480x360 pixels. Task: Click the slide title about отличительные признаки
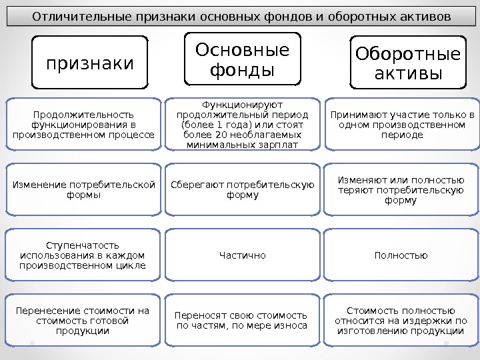240,15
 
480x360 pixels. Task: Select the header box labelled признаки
89,63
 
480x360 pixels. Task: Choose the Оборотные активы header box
408,65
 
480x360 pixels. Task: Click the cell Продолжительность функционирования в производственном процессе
83,124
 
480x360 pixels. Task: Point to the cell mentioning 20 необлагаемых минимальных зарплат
243,124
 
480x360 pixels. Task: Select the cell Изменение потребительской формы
83,189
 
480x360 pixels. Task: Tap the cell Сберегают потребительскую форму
243,189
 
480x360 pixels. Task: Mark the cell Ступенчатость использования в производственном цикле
83,255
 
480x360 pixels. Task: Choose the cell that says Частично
243,255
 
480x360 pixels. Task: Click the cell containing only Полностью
401,255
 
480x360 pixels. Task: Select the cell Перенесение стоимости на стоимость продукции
83,321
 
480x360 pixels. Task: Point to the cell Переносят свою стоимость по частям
243,321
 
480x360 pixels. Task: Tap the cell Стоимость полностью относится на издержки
401,321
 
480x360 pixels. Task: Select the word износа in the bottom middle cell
293,325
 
